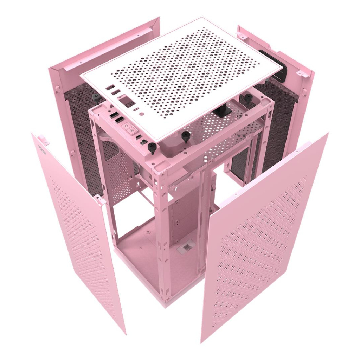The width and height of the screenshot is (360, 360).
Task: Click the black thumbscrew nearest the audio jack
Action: point(152,148)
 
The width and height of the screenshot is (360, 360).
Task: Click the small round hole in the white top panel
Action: point(141,114)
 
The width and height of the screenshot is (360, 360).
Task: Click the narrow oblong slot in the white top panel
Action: point(136,109)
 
